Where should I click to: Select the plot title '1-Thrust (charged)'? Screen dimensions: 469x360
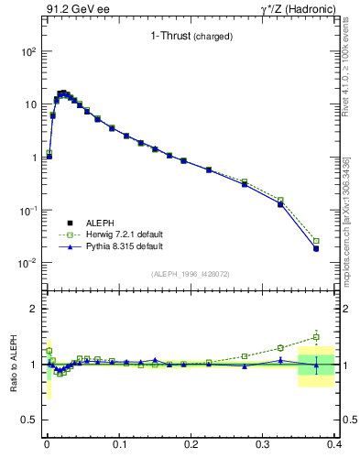(x=191, y=37)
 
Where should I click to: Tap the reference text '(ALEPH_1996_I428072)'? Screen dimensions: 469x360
(x=191, y=274)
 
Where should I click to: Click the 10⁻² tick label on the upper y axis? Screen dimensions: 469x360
(x=27, y=263)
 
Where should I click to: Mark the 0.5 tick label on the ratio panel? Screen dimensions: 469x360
(x=29, y=420)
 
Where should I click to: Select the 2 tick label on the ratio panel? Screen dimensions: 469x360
(x=33, y=309)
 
